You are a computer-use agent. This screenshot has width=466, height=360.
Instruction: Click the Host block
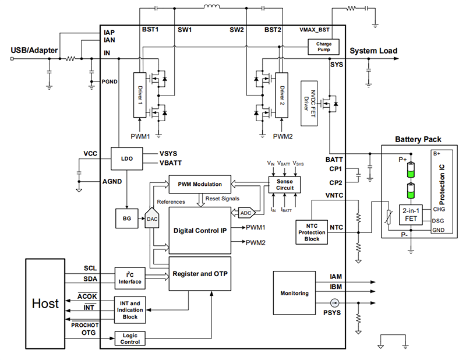point(45,303)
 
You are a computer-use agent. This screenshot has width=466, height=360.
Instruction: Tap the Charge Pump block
point(323,47)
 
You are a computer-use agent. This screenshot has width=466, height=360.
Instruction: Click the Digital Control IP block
point(199,230)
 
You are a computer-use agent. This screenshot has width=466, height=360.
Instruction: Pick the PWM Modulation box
point(199,185)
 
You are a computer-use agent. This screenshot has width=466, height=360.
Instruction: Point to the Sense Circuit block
point(284,185)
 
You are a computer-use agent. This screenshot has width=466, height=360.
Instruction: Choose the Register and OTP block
point(199,273)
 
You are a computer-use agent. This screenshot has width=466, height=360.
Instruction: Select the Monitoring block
point(294,293)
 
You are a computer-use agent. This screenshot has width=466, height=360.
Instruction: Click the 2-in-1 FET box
point(410,216)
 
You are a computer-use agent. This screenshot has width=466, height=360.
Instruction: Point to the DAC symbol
point(151,219)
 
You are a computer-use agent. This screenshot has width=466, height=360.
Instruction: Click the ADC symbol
point(246,212)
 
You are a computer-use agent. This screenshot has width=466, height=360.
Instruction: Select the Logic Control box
point(130,338)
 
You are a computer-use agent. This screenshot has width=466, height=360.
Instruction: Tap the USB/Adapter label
point(34,51)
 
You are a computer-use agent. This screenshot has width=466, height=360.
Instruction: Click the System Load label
point(373,51)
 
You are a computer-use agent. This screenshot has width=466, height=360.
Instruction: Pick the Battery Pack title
point(418,140)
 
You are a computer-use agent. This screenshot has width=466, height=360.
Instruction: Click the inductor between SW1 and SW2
point(211,8)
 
